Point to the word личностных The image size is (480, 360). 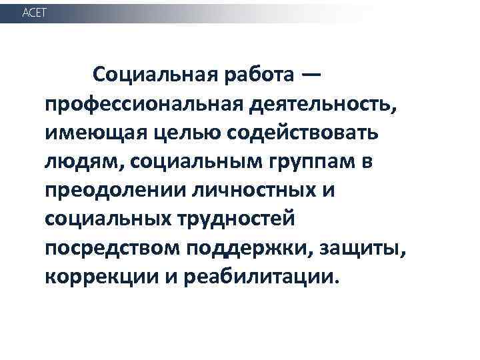click(260, 189)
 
